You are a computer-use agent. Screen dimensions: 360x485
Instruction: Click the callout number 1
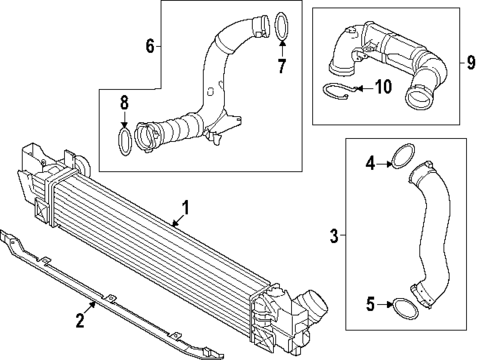184,211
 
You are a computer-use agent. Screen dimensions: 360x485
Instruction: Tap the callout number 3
333,236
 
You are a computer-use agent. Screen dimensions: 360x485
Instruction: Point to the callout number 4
370,162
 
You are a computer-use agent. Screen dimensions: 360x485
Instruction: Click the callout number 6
150,46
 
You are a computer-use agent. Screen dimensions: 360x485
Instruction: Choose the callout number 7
282,67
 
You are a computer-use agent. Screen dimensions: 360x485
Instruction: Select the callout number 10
381,87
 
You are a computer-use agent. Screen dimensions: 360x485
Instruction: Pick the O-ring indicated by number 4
403,157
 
